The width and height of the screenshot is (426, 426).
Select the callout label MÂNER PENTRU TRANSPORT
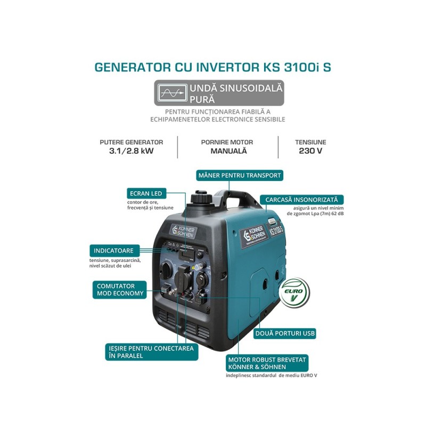click(239, 175)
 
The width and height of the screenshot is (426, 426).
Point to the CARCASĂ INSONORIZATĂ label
click(301, 200)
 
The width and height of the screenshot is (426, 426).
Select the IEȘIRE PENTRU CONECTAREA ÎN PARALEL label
click(150, 351)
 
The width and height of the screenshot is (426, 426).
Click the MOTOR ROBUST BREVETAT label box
click(266, 363)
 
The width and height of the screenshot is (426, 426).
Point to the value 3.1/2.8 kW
click(131, 151)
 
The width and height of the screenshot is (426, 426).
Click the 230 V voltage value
click(310, 151)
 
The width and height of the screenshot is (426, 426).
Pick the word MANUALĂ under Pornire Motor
click(227, 151)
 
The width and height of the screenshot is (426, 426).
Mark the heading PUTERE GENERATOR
click(131, 142)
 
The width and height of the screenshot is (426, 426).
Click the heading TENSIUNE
click(310, 142)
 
